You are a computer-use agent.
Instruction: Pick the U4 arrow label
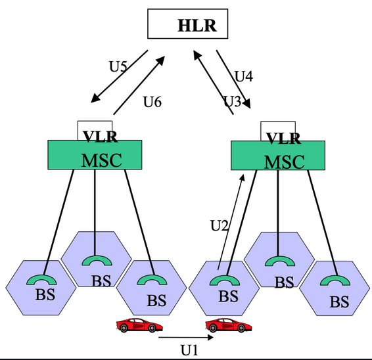pyautogui.click(x=244, y=76)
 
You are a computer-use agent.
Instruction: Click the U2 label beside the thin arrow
pyautogui.click(x=218, y=225)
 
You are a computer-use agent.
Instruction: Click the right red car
pyautogui.click(x=225, y=325)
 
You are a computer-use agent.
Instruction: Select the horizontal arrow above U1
pyautogui.click(x=187, y=339)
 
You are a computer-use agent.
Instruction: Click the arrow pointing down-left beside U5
pyautogui.click(x=119, y=78)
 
